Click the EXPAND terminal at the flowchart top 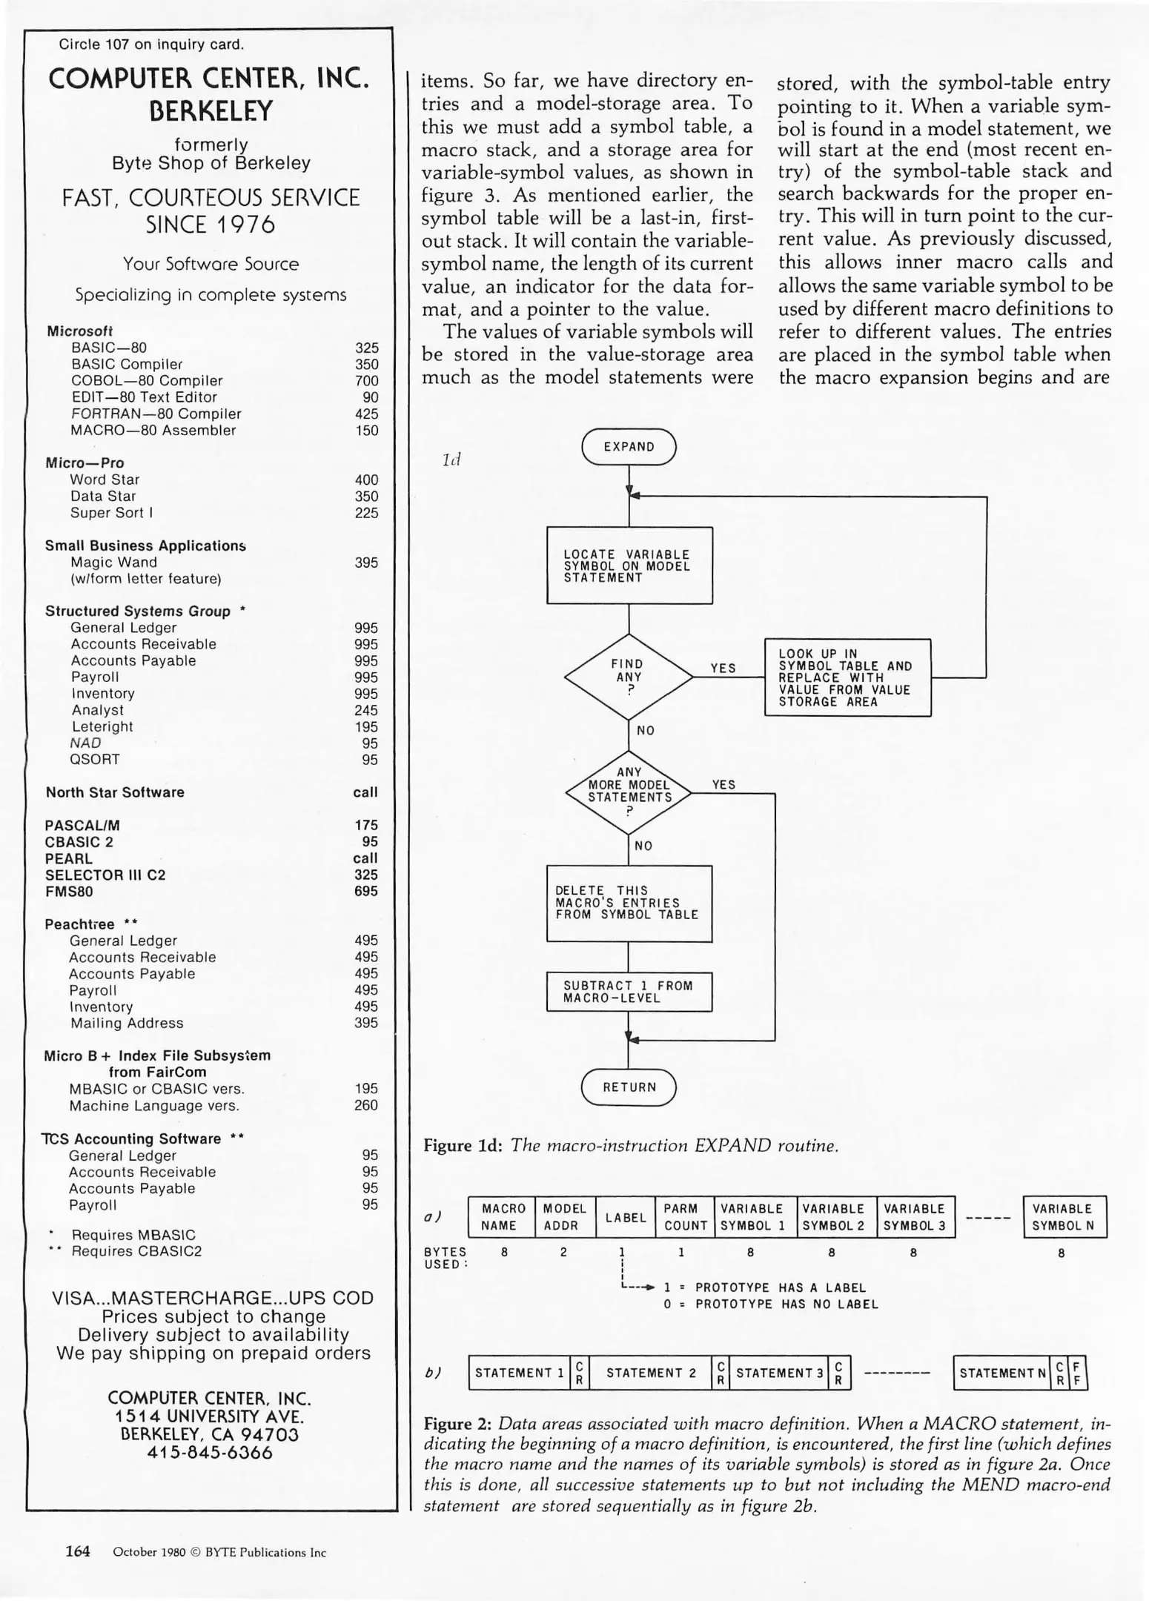(629, 447)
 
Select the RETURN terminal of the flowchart (629, 1087)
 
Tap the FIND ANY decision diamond (628, 677)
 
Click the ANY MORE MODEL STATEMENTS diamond (629, 793)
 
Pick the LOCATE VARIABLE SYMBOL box (629, 566)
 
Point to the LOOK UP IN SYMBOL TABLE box (847, 677)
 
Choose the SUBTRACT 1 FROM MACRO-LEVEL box (629, 992)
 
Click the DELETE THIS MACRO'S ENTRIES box (629, 903)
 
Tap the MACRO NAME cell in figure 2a (503, 1217)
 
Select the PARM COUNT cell (684, 1217)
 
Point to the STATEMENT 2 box (650, 1373)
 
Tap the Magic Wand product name (113, 563)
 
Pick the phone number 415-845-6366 (210, 1453)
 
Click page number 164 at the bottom (78, 1551)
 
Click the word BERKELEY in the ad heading (211, 111)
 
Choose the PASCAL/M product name (82, 825)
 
